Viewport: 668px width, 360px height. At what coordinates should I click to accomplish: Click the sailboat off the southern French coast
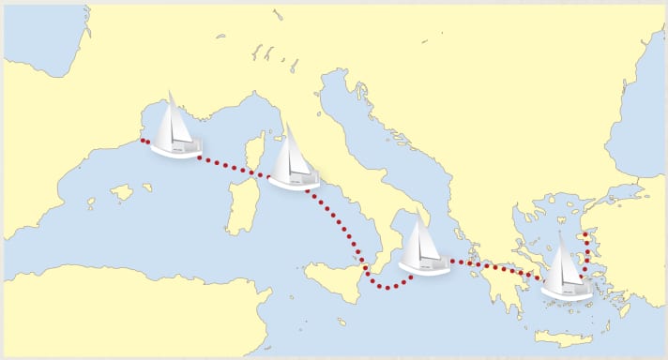[x=175, y=129]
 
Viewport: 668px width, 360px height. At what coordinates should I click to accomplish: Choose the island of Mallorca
[x=121, y=193]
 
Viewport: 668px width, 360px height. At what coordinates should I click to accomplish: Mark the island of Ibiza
[x=91, y=202]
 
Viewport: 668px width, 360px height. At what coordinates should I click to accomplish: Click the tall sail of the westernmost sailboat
[x=172, y=117]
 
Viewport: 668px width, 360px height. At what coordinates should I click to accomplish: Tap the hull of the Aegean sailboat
[x=567, y=292]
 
